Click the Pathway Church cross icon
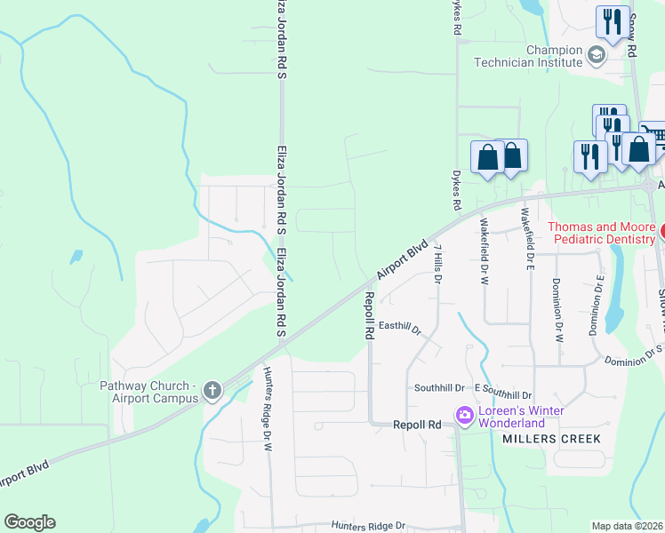pos(212,390)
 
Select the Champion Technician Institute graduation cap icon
pos(596,57)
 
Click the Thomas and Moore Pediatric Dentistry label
pos(602,233)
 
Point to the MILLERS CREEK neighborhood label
pos(551,439)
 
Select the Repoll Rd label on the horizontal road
pos(417,426)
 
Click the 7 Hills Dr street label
pos(437,266)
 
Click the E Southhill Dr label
pos(502,394)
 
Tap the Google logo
pos(29,522)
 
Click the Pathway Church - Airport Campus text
pos(148,392)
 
